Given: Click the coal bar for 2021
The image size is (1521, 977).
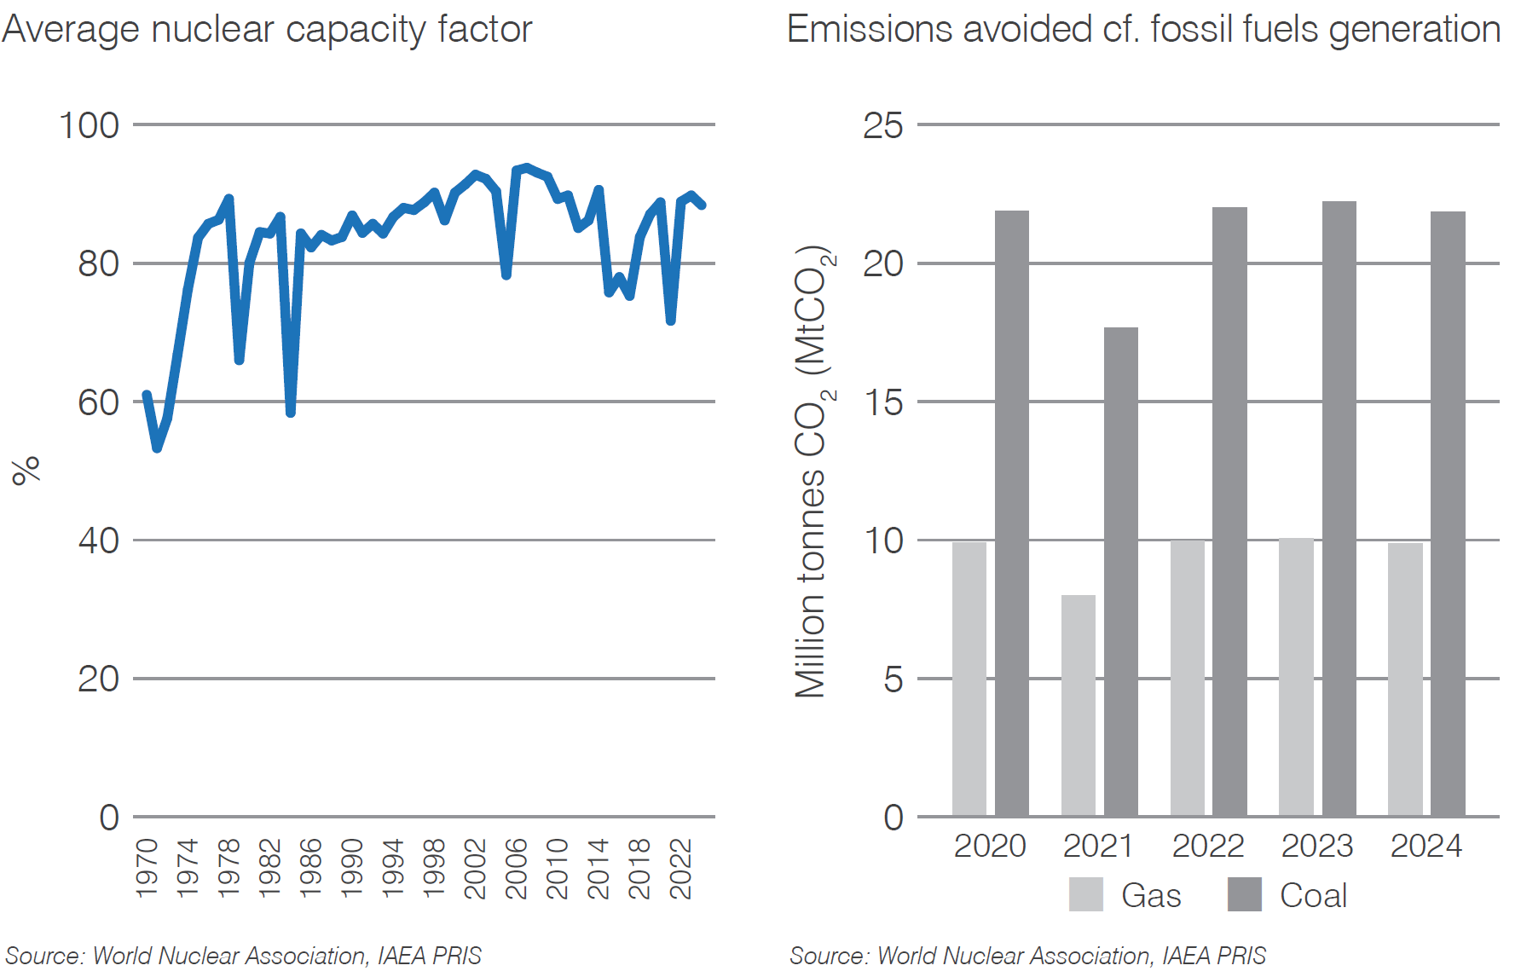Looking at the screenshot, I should coord(1120,571).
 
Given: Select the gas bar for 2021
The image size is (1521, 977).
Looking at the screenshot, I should coord(1078,706).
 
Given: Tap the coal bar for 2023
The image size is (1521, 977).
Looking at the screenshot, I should coord(1339,509).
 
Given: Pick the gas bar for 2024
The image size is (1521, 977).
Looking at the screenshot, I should coord(1405,679).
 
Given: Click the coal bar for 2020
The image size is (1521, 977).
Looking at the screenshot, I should coord(1011,513).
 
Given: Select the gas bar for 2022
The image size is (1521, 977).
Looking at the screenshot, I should coord(1187,679).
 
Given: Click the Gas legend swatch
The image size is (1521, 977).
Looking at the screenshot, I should coord(1085,894).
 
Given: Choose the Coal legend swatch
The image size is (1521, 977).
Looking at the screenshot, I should coord(1244,894).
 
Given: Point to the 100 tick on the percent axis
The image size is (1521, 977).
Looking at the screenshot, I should coord(89,125).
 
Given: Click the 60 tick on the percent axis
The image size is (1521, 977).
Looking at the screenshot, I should coord(98,402).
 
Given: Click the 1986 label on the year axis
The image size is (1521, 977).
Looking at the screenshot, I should coord(311,868).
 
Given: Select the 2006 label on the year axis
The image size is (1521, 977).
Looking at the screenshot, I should coord(517,868).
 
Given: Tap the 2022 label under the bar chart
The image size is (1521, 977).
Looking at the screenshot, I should coord(1207,846).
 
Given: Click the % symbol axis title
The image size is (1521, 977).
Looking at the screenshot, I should coord(26,470).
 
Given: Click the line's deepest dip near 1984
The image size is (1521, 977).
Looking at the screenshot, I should coord(291,413).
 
